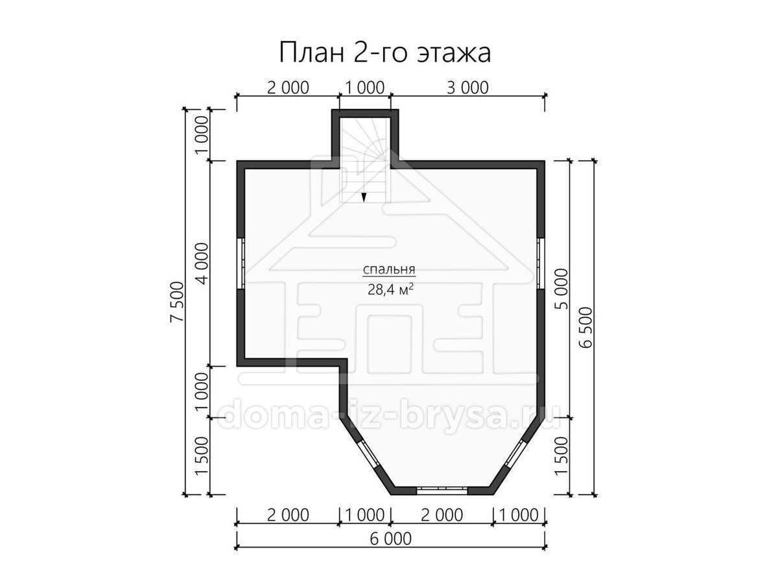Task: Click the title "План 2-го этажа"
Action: pyautogui.click(x=385, y=53)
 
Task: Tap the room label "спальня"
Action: pyautogui.click(x=389, y=270)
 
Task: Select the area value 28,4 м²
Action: pyautogui.click(x=390, y=289)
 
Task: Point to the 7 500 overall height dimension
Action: pyautogui.click(x=177, y=301)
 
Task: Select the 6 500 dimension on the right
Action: pyautogui.click(x=586, y=327)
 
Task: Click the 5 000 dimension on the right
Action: pyautogui.click(x=561, y=289)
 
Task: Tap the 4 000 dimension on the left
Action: pyautogui.click(x=203, y=263)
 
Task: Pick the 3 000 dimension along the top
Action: pyautogui.click(x=467, y=88)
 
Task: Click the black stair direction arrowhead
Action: pyautogui.click(x=363, y=197)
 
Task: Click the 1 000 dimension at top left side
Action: pyautogui.click(x=203, y=135)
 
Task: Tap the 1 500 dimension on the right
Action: pyautogui.click(x=561, y=456)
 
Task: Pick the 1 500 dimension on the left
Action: pyautogui.click(x=203, y=456)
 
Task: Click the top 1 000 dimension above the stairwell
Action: pyautogui.click(x=365, y=88)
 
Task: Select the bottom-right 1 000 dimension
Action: pyautogui.click(x=519, y=515)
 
